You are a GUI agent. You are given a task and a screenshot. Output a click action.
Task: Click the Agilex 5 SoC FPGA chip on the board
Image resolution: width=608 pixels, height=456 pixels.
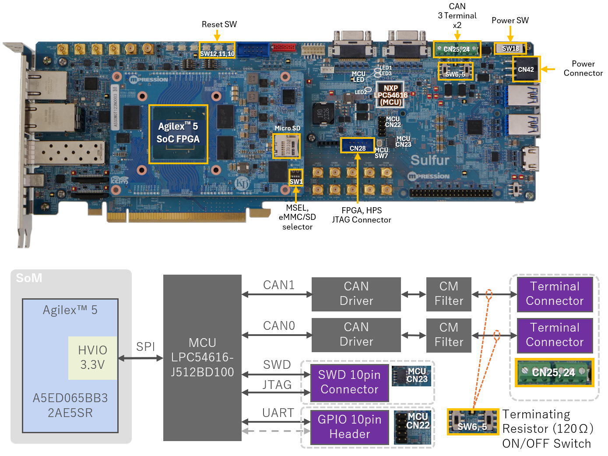[x=178, y=134]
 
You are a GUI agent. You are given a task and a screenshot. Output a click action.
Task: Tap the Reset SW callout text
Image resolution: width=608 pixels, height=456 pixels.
[x=219, y=25]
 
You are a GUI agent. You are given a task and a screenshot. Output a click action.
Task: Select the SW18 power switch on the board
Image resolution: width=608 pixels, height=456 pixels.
[x=510, y=48]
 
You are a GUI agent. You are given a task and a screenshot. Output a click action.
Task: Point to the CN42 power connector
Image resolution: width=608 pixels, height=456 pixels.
[x=526, y=69]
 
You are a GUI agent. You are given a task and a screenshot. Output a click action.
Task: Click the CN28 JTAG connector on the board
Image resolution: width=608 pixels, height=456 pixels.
[x=358, y=145]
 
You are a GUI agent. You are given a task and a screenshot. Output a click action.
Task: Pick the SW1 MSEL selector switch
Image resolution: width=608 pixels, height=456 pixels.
[x=296, y=178]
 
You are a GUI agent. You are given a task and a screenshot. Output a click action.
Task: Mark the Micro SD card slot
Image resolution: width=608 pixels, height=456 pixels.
[x=287, y=146]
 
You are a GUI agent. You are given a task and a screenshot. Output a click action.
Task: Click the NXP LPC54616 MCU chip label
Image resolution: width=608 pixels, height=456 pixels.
[x=390, y=95]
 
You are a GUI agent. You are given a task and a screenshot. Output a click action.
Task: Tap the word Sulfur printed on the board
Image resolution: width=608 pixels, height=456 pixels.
[x=430, y=160]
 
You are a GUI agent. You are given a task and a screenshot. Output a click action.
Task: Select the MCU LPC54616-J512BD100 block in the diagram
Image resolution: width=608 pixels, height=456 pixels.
[x=202, y=357]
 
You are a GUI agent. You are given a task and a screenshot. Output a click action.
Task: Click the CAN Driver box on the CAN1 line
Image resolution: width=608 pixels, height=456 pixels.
[x=356, y=293]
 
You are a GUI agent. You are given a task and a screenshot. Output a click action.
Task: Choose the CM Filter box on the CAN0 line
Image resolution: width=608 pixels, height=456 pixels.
[x=449, y=335]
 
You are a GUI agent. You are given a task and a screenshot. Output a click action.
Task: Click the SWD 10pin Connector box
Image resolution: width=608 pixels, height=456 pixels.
[x=349, y=382]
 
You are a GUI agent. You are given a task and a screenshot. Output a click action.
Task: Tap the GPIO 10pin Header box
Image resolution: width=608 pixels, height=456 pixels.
[x=349, y=427]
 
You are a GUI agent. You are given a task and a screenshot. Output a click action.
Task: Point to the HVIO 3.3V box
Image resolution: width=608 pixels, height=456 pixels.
[x=93, y=357]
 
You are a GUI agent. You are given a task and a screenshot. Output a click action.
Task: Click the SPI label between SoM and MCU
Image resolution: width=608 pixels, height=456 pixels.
[x=146, y=347]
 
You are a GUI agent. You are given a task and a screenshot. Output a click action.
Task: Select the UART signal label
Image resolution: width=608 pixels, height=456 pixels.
[x=278, y=413]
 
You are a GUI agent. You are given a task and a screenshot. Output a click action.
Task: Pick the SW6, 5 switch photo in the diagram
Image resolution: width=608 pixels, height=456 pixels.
[x=473, y=422]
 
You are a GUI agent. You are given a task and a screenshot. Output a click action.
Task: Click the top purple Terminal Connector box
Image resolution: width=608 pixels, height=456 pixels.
[x=555, y=293]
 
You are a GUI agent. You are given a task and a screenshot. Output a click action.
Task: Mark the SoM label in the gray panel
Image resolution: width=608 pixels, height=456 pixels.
[x=29, y=278]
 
